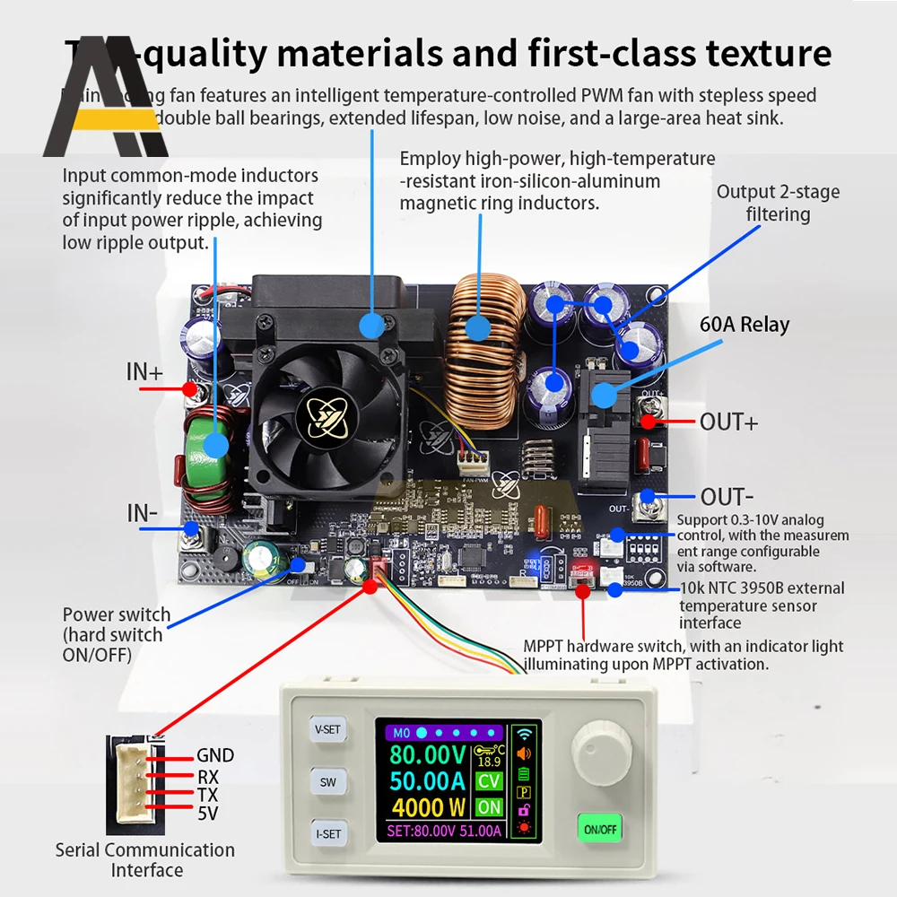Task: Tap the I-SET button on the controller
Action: pyautogui.click(x=328, y=833)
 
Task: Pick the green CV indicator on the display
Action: pyautogui.click(x=489, y=781)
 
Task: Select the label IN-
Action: pyautogui.click(x=143, y=513)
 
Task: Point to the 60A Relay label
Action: pyautogui.click(x=745, y=324)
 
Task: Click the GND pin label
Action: pyautogui.click(x=215, y=756)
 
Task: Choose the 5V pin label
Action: pyautogui.click(x=207, y=814)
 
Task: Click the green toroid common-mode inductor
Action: pyautogui.click(x=214, y=445)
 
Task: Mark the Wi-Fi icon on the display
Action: pyautogui.click(x=525, y=731)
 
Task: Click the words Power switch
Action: pyautogui.click(x=116, y=614)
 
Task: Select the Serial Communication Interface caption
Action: pyautogui.click(x=145, y=859)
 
